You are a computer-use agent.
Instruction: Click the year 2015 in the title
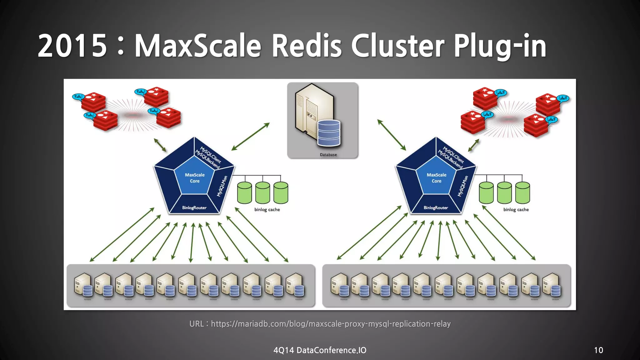coord(72,46)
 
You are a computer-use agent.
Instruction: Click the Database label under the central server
coord(328,155)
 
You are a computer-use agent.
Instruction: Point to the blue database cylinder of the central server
coord(329,133)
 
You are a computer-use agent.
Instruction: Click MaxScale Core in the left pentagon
coord(195,178)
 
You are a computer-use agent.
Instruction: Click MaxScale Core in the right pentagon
coord(437,178)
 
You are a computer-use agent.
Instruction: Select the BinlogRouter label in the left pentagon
coord(194,208)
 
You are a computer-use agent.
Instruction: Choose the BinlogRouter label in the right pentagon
coord(436,208)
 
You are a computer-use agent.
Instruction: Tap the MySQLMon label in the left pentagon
coord(222,186)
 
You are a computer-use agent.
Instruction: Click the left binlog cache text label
coord(267,210)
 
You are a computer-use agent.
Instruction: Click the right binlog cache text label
coord(516,210)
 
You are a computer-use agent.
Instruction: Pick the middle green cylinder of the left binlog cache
coord(262,193)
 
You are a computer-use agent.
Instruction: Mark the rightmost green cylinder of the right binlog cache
coord(522,193)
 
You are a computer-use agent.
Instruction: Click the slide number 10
coord(598,350)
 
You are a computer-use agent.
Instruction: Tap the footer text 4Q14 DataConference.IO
coord(320,350)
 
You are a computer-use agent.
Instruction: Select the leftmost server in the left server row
coord(83,285)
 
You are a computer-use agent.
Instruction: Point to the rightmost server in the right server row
coord(552,285)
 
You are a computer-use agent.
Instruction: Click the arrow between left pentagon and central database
coord(250,137)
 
